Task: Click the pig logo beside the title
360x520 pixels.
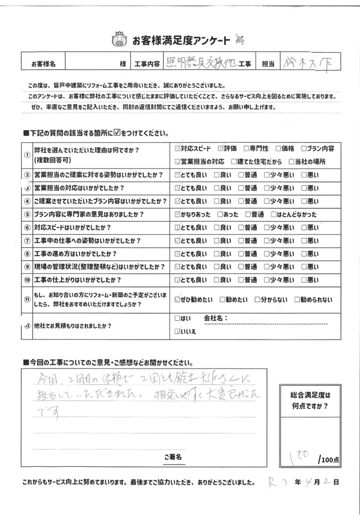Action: tap(118, 38)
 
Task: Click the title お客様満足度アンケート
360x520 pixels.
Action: tap(181, 39)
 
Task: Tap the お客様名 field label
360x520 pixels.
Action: tap(43, 64)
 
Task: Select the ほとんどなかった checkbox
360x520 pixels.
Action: tap(272, 214)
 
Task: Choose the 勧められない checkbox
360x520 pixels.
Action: tap(297, 300)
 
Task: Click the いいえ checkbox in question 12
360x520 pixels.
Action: tap(178, 331)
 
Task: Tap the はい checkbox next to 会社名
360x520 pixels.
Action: tap(178, 318)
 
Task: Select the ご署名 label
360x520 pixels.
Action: tap(173, 457)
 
